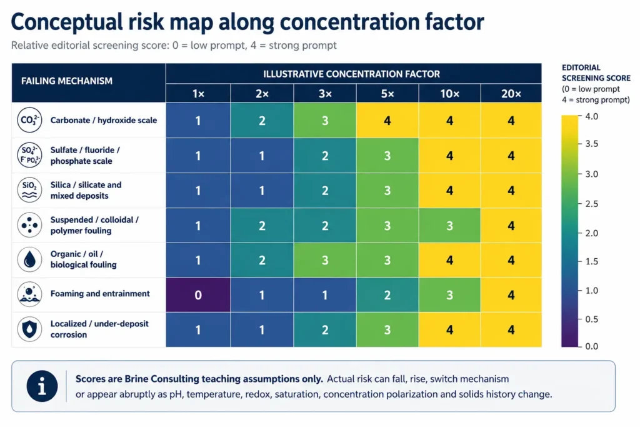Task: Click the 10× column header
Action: (449, 94)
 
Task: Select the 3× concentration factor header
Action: (325, 94)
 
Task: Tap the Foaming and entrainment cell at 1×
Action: (198, 294)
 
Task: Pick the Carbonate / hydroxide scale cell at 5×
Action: (387, 121)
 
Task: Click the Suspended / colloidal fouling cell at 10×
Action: (449, 225)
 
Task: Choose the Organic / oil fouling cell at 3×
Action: (325, 260)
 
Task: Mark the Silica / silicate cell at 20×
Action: (511, 190)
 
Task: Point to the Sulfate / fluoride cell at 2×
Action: (262, 156)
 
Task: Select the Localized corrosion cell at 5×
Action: (387, 329)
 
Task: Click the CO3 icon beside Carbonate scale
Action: (29, 120)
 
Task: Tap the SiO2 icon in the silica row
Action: (29, 190)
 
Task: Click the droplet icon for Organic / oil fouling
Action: (29, 259)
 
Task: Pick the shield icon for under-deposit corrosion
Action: (29, 329)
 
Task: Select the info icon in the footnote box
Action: (42, 386)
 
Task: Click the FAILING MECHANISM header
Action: (66, 81)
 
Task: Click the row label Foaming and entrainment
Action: (100, 293)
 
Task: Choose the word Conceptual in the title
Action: (66, 22)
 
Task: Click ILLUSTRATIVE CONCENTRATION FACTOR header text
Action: (351, 74)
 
